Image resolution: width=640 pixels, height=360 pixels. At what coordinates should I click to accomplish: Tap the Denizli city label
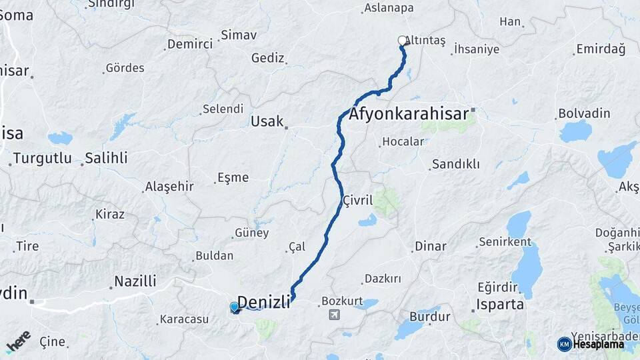click(x=264, y=302)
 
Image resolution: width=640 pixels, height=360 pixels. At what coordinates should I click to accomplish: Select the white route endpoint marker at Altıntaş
click(x=403, y=41)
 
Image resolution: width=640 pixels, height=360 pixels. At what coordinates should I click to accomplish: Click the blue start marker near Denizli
click(x=235, y=307)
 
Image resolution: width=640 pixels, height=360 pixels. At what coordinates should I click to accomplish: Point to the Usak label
click(x=267, y=121)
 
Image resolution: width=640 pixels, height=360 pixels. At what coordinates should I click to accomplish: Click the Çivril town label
click(x=357, y=201)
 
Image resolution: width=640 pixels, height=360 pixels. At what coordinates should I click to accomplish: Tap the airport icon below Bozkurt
click(x=334, y=314)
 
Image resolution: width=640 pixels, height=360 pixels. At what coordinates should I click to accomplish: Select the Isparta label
click(x=500, y=305)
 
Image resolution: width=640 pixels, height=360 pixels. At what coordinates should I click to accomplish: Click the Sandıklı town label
click(x=455, y=164)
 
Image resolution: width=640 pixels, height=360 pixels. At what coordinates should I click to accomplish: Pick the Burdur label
click(x=430, y=317)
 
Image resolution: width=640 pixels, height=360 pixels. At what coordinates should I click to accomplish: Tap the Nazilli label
click(x=135, y=281)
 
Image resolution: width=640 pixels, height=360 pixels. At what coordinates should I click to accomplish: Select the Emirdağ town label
click(x=601, y=49)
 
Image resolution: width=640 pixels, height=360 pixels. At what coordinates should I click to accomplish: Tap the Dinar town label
click(x=430, y=246)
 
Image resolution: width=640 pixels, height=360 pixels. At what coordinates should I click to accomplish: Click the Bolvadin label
click(x=584, y=113)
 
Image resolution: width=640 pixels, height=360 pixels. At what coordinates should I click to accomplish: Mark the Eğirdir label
click(x=497, y=287)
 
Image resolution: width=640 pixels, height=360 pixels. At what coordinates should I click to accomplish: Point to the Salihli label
click(x=106, y=159)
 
